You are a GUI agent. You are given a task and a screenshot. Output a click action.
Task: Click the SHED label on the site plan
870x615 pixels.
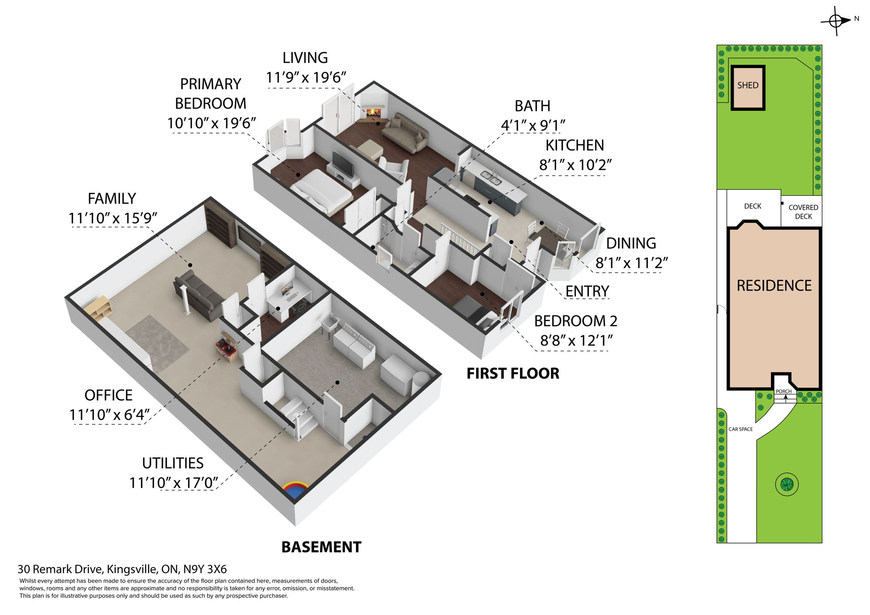pyautogui.click(x=748, y=85)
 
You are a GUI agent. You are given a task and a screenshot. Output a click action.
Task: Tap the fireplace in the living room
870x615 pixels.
pyautogui.click(x=373, y=113)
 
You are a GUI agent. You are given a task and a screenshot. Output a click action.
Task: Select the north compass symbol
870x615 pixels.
pyautogui.click(x=836, y=20)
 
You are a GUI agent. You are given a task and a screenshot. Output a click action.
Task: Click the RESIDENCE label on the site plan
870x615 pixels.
pyautogui.click(x=774, y=285)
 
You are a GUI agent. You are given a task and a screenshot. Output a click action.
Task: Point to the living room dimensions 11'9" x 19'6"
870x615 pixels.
pyautogui.click(x=306, y=77)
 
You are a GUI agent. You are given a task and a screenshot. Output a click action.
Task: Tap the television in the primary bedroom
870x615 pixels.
pyautogui.click(x=342, y=164)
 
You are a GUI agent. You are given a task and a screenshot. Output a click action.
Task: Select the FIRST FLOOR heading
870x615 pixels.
pyautogui.click(x=513, y=373)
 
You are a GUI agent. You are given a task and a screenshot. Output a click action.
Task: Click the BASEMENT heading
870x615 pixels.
pyautogui.click(x=321, y=547)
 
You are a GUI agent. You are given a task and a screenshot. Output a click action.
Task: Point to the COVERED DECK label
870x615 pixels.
pyautogui.click(x=803, y=212)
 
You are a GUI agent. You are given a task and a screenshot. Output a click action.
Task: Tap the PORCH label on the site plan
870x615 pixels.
pyautogui.click(x=783, y=391)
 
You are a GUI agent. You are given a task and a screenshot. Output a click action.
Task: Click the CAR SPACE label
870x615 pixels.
pyautogui.click(x=740, y=429)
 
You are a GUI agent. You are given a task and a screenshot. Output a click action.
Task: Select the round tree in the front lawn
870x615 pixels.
pyautogui.click(x=787, y=484)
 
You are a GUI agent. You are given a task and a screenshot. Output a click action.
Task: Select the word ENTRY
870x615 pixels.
pyautogui.click(x=587, y=291)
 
